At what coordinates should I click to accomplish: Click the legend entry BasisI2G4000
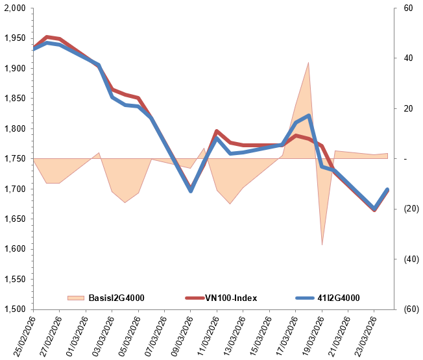[x=116, y=298]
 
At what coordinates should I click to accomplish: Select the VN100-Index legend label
[x=231, y=298]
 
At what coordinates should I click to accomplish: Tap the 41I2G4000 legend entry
[x=337, y=298]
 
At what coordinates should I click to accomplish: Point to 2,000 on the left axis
[x=14, y=8]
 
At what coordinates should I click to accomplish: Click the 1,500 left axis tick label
[x=14, y=309]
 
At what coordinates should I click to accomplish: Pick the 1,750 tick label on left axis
[x=14, y=159]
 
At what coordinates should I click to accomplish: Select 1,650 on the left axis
[x=14, y=219]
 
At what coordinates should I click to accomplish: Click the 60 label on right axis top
[x=407, y=8]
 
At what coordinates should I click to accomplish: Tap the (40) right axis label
[x=409, y=259]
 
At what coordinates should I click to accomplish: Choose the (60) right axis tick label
[x=409, y=309]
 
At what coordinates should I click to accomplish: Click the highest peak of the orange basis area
[x=308, y=63]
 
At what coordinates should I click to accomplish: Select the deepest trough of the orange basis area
[x=322, y=245]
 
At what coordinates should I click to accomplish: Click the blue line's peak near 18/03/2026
[x=309, y=115]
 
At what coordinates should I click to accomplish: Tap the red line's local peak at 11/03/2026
[x=217, y=131]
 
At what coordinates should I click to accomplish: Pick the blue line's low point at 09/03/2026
[x=191, y=191]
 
